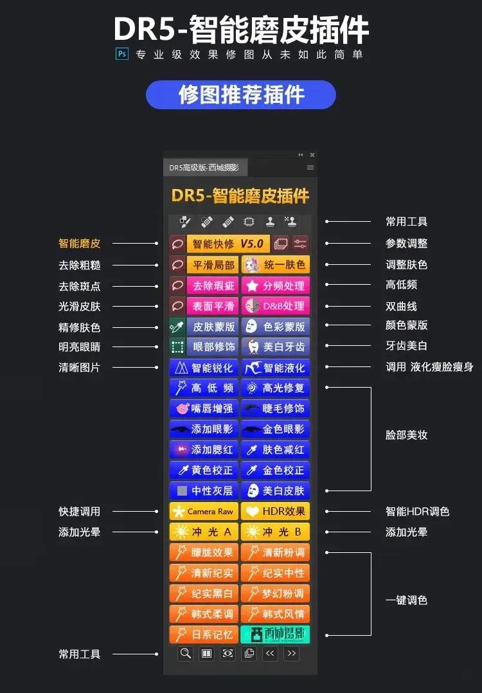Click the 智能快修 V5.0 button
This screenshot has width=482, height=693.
pos(228,244)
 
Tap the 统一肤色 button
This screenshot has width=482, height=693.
pos(275,264)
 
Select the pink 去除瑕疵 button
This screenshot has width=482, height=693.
pos(213,285)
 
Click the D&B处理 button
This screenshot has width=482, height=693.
pos(275,305)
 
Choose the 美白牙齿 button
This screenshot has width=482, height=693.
pos(275,346)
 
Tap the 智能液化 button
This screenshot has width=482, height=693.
pos(275,368)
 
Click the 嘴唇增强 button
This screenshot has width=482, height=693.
pos(204,408)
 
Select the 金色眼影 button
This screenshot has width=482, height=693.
pos(275,429)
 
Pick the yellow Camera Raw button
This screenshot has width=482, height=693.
pos(204,512)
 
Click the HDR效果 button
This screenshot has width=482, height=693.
pos(275,512)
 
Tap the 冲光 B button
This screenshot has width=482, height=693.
pos(275,532)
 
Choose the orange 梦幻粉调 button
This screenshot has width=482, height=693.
pos(275,593)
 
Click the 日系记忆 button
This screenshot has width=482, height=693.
pos(204,635)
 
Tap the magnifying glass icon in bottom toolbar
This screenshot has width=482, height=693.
pos(186,654)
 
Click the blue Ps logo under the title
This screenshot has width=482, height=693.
pos(121,54)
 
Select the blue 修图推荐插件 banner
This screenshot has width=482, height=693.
pos(241,94)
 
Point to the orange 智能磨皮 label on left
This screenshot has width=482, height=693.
pos(80,244)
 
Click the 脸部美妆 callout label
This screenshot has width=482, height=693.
pos(406,435)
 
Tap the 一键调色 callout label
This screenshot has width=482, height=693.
pos(406,600)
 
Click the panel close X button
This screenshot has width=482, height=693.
pos(312,155)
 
